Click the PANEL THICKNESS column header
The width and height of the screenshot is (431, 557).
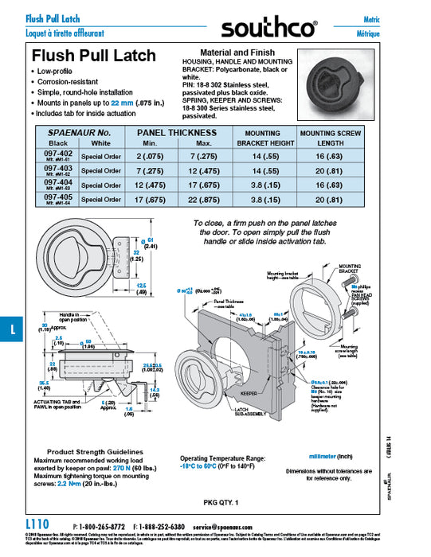coord(177,132)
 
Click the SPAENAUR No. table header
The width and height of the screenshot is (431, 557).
coord(80,132)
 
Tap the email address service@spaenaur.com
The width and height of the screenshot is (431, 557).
coord(232,526)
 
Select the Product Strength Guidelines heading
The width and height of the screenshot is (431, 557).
coord(89,451)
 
